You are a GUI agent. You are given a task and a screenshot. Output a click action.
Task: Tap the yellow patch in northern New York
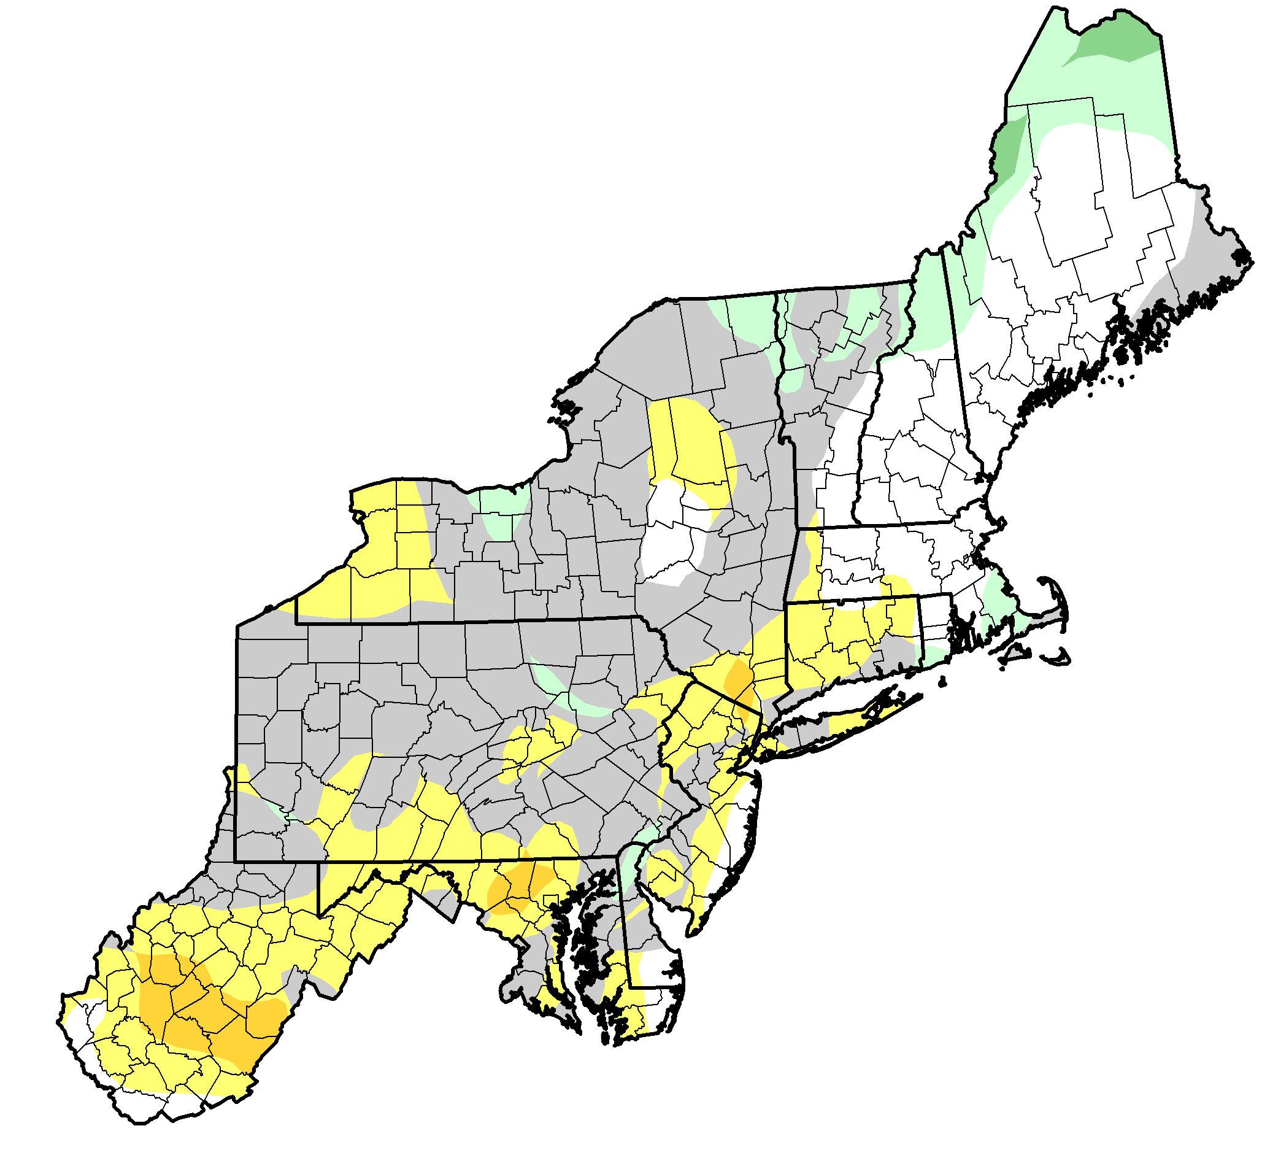pyautogui.click(x=693, y=443)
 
